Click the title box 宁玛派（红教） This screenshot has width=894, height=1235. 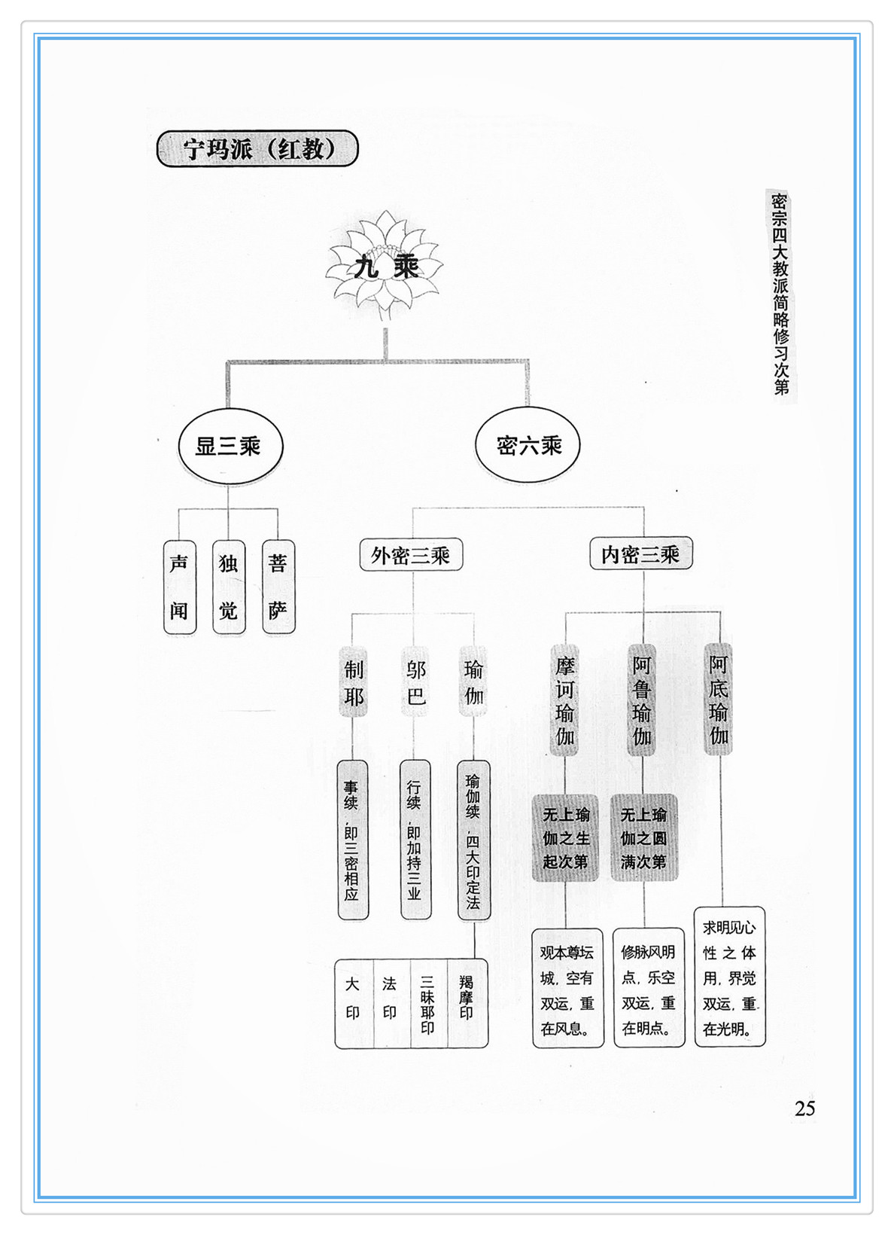257,149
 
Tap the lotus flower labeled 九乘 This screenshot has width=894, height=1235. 386,266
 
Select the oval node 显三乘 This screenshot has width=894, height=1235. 230,446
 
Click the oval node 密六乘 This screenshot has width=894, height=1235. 529,446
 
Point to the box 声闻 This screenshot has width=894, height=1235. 180,587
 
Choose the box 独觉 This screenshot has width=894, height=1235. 229,587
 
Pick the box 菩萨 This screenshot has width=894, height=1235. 278,587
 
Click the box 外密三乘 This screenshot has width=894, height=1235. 411,556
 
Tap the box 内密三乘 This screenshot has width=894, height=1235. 640,555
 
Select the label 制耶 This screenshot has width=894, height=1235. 353,682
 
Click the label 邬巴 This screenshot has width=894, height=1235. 415,682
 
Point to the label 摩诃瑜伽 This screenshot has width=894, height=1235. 565,700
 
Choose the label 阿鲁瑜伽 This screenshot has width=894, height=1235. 642,700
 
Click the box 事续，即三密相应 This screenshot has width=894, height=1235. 352,840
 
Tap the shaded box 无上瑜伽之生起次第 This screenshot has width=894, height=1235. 566,837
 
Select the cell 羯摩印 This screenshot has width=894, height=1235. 467,1003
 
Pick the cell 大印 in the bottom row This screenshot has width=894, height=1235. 353,1003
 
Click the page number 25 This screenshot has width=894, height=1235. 804,1108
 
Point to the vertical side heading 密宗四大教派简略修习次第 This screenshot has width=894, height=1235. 780,294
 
